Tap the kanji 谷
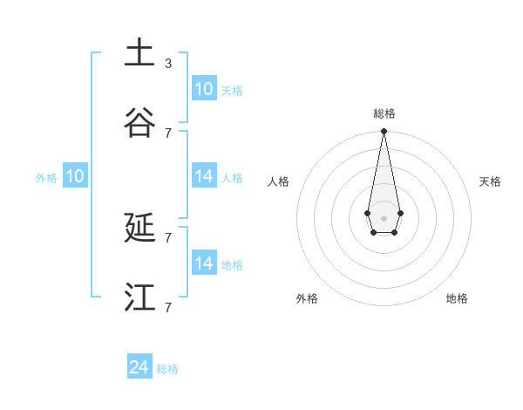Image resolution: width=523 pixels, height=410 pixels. (x=139, y=123)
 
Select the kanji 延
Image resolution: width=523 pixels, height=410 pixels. (x=139, y=229)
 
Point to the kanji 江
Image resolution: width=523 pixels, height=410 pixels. (x=139, y=297)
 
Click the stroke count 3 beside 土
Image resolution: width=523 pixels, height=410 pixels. (x=168, y=64)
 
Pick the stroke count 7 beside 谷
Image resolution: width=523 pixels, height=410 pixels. (x=168, y=133)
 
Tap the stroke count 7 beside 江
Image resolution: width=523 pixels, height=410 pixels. (x=168, y=307)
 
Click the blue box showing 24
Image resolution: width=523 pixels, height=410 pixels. (x=139, y=367)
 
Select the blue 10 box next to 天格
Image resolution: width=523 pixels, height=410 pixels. (x=204, y=89)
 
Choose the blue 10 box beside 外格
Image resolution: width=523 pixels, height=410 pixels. (x=75, y=176)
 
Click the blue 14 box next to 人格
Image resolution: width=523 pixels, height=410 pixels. (x=204, y=176)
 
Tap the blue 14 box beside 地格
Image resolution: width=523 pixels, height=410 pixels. (x=204, y=263)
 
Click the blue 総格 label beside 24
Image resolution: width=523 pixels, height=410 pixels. (x=167, y=369)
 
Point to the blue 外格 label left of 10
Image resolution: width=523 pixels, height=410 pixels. (x=46, y=178)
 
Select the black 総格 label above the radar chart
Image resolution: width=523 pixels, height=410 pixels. (x=384, y=113)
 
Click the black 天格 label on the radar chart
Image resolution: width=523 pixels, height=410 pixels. (x=490, y=181)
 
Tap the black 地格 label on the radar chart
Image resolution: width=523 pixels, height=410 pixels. (x=457, y=298)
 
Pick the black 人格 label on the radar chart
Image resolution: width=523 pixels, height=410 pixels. (x=279, y=181)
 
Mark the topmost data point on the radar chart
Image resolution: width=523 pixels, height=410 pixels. (x=384, y=132)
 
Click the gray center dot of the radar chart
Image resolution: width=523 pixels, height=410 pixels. (x=384, y=217)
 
